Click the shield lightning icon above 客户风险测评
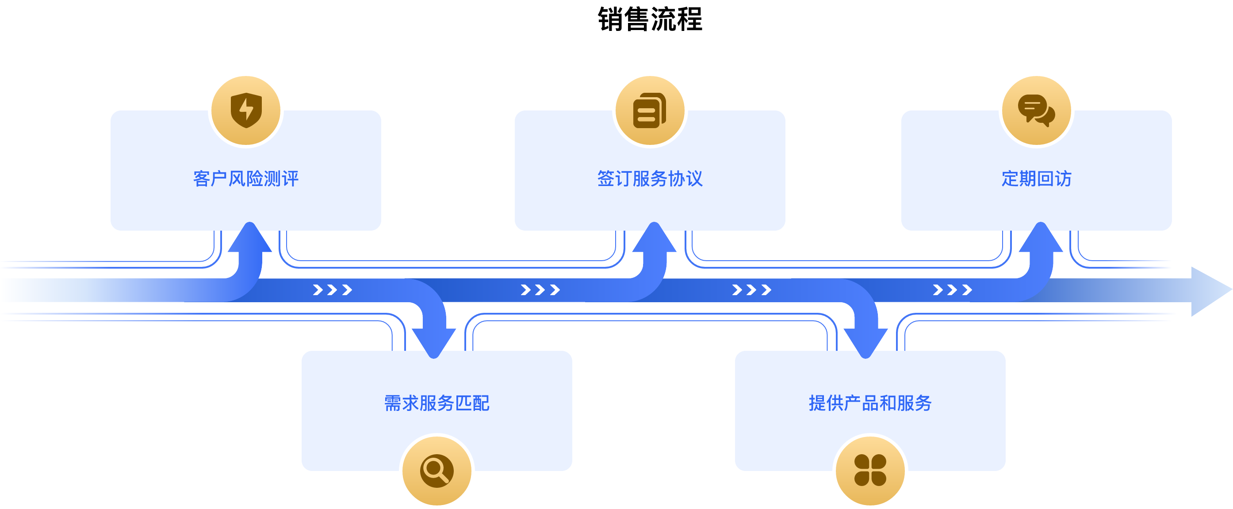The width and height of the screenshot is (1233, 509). point(246,110)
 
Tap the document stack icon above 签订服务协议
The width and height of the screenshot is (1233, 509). point(650,110)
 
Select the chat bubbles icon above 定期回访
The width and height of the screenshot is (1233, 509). point(1036,110)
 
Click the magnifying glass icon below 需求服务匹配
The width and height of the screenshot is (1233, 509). point(437,471)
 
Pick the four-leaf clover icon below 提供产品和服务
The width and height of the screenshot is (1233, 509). point(870,471)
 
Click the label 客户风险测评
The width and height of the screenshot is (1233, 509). point(246,179)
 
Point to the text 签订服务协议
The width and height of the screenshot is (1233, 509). point(650,179)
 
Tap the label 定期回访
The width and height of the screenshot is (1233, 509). point(1036,179)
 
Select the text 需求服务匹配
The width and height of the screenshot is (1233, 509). point(437,403)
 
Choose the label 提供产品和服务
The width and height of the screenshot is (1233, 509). point(870,403)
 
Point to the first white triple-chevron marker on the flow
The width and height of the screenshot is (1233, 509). point(332,290)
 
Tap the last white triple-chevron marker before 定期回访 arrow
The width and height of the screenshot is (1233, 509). point(952,290)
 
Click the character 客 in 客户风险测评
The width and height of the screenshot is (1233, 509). point(202,179)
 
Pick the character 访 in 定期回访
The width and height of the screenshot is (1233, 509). point(1063,179)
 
